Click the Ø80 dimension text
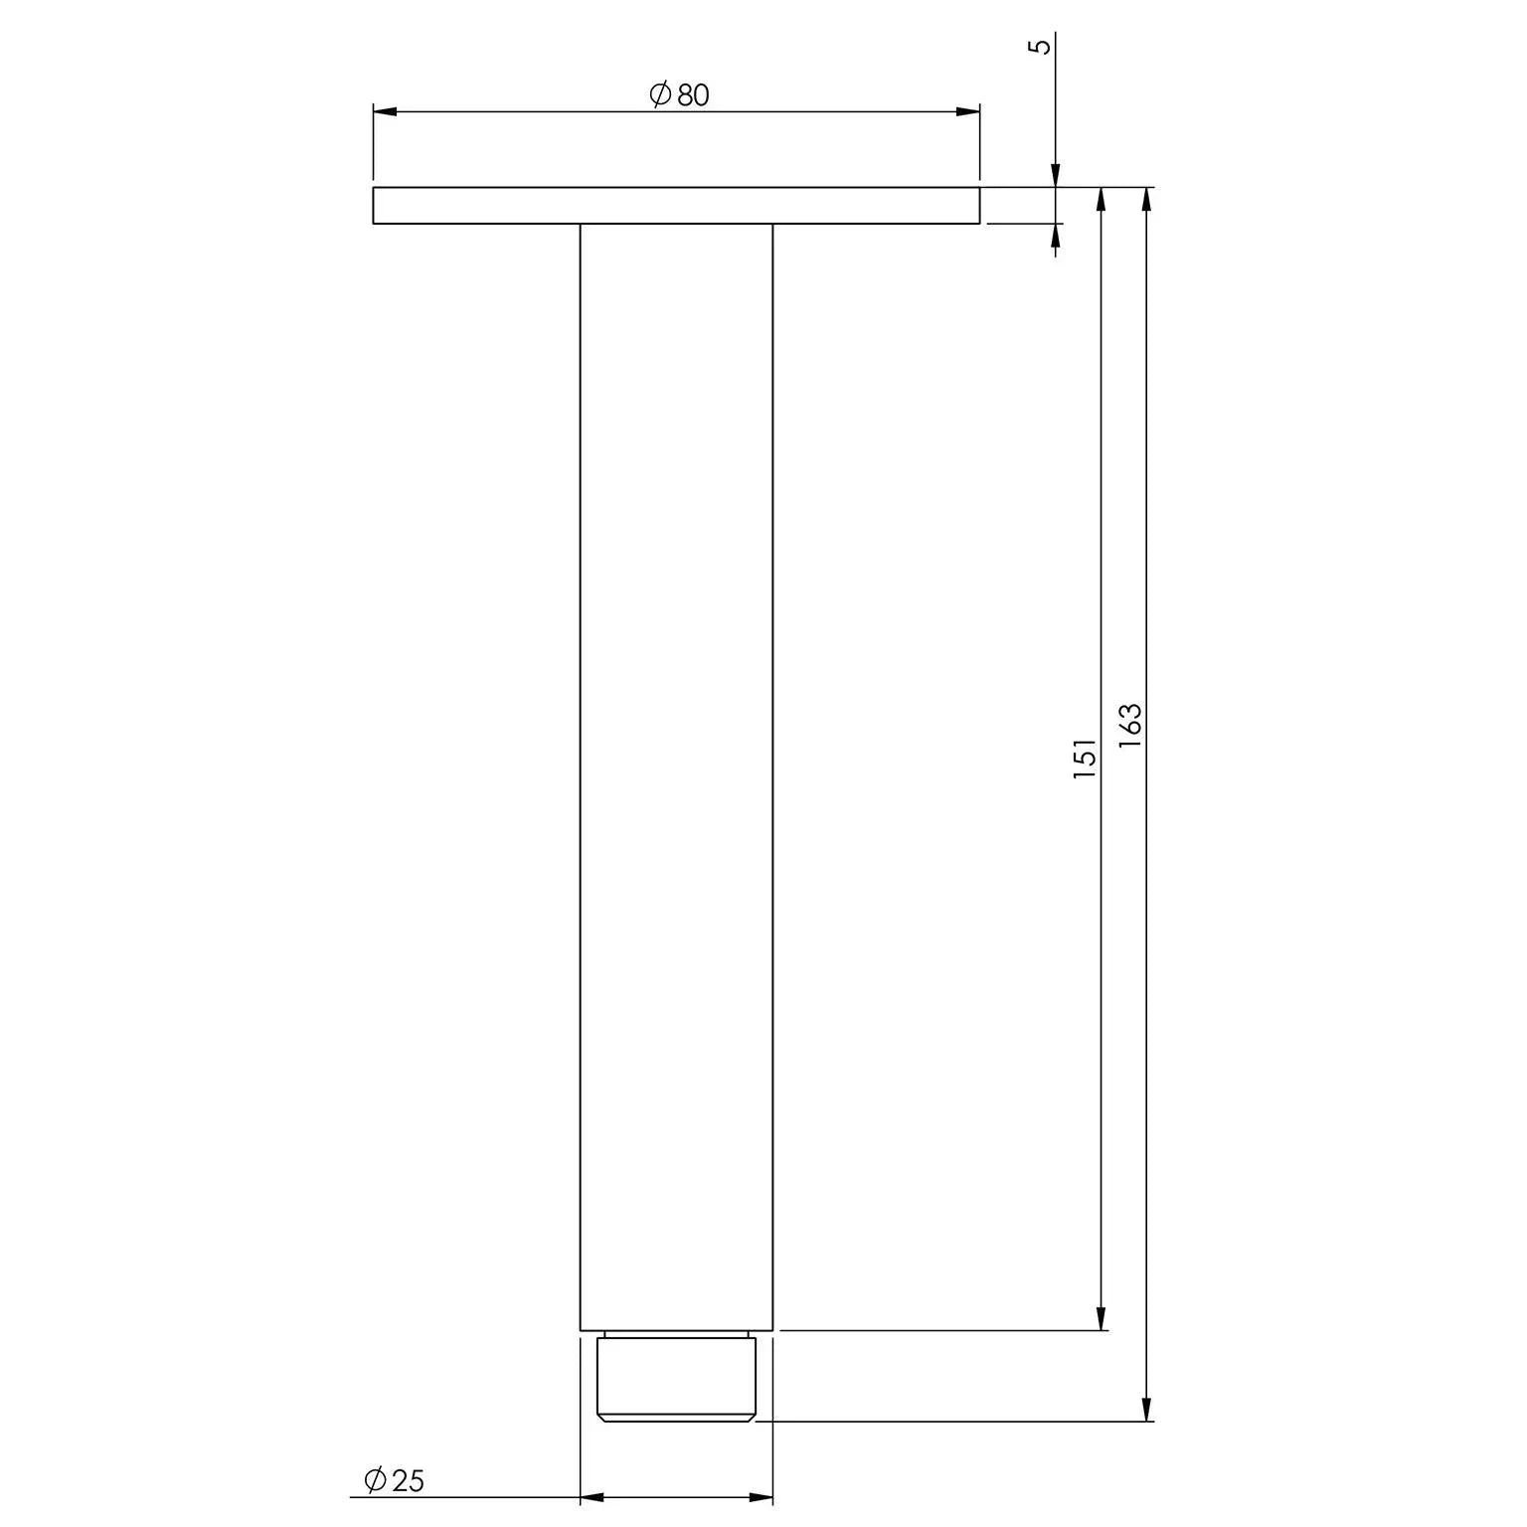click(x=679, y=95)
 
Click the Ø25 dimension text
click(x=395, y=1481)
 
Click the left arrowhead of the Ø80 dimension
click(x=386, y=111)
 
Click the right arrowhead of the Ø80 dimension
click(x=967, y=111)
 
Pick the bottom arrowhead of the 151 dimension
click(x=1101, y=1316)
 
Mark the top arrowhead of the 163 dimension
click(x=1147, y=200)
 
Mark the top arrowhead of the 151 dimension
click(x=1101, y=200)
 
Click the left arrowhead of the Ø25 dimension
click(x=593, y=1497)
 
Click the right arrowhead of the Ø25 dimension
click(x=761, y=1497)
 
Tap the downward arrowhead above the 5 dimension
click(x=1056, y=175)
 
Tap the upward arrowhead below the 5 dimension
click(x=1056, y=236)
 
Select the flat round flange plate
click(x=676, y=206)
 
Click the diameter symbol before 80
click(x=660, y=95)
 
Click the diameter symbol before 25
click(x=376, y=1481)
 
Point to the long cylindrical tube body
click(x=676, y=775)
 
